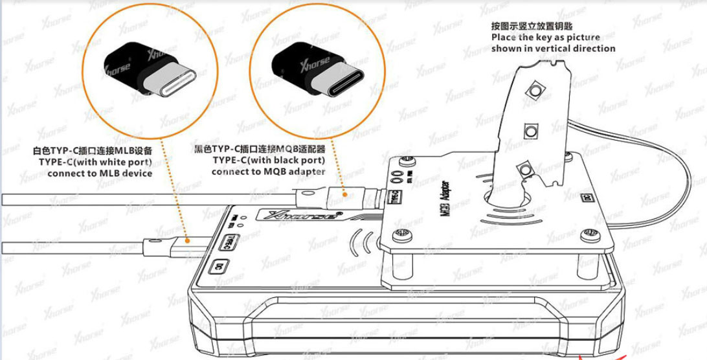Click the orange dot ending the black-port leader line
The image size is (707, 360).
[344, 195]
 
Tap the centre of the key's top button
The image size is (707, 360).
[535, 90]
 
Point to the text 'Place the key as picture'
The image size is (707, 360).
[546, 38]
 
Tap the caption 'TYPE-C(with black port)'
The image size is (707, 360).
[268, 160]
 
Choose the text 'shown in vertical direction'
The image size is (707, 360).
[554, 49]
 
